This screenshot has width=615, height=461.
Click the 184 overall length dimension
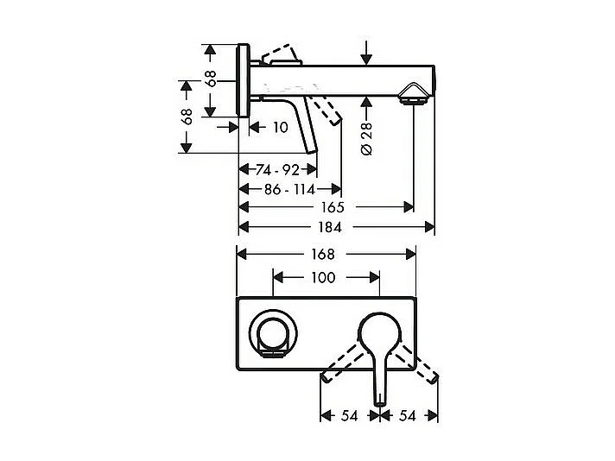tap(331, 228)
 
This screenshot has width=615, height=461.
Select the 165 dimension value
tap(333, 207)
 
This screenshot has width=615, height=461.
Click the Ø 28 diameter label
tap(365, 138)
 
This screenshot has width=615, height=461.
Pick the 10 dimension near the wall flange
tap(279, 128)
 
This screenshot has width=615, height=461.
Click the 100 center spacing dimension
tap(323, 278)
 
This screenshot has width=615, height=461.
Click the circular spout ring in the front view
tap(274, 332)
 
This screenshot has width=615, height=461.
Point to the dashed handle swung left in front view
tap(341, 362)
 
